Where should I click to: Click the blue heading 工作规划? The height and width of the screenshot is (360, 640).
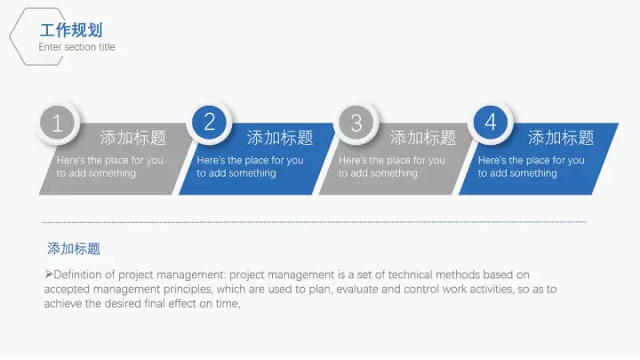(71, 30)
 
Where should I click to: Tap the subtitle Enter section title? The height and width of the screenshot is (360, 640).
(76, 47)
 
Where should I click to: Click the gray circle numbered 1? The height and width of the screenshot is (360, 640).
(58, 123)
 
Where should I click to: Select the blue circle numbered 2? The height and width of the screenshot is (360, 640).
(210, 122)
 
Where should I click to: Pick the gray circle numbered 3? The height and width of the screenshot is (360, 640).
(356, 123)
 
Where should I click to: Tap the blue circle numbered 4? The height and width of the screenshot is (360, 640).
(491, 122)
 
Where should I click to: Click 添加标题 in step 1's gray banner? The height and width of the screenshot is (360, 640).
(133, 138)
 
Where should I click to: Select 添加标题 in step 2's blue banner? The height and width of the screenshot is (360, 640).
(280, 138)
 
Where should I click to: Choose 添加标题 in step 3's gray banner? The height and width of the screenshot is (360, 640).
(423, 138)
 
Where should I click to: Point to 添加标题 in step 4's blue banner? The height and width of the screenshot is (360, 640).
(561, 138)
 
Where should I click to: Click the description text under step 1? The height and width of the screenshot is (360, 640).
(110, 166)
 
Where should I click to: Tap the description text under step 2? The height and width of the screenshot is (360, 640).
(250, 166)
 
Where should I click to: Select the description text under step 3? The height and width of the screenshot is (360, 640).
(391, 166)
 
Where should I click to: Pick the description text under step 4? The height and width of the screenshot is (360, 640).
(531, 166)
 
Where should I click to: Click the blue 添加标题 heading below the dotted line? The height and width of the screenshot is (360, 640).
(74, 249)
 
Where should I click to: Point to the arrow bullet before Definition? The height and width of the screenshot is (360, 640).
(49, 275)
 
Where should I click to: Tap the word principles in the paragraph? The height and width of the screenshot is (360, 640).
(188, 290)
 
